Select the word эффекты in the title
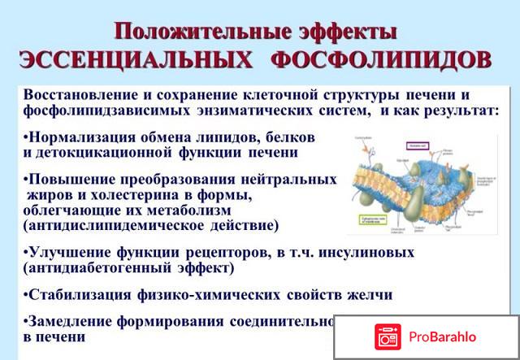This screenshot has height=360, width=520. click(344, 33)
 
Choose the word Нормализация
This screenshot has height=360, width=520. click(78, 137)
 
